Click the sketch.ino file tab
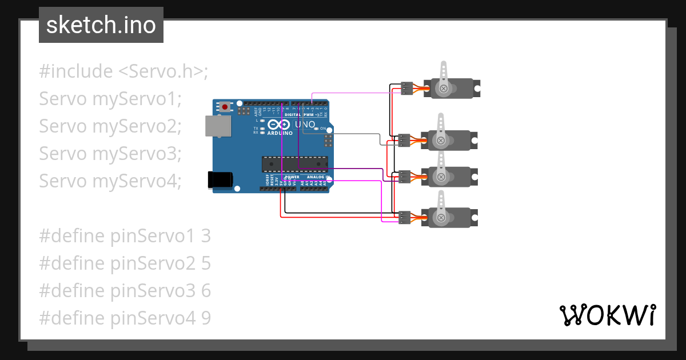tap(101, 25)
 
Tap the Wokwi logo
tap(607, 315)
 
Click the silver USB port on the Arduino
tap(218, 126)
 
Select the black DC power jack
tap(220, 180)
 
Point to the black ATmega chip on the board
tap(295, 164)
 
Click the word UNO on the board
tap(304, 125)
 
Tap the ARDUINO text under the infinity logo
tap(280, 133)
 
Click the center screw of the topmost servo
tap(443, 88)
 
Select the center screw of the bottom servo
tap(441, 217)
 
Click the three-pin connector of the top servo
tap(407, 88)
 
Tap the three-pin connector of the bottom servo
tap(405, 217)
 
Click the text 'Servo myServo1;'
tap(110, 99)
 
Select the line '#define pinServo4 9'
tap(125, 318)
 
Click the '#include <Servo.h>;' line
tap(123, 71)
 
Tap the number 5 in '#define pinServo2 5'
tap(206, 263)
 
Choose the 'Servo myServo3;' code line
tap(110, 154)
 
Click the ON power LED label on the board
tap(322, 129)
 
